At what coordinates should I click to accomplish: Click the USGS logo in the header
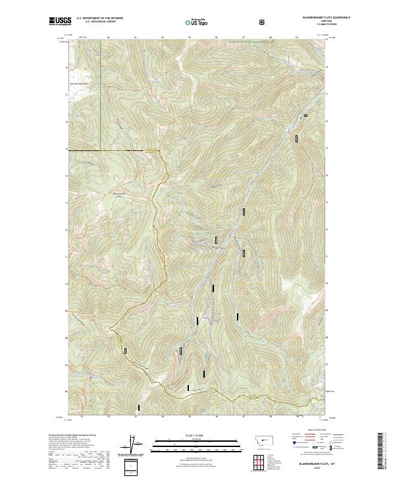[x=59, y=22]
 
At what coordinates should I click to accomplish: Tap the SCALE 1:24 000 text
[x=197, y=434]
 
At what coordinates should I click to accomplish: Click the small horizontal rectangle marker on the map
[x=305, y=116]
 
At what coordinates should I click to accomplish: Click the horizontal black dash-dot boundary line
[x=112, y=151]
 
